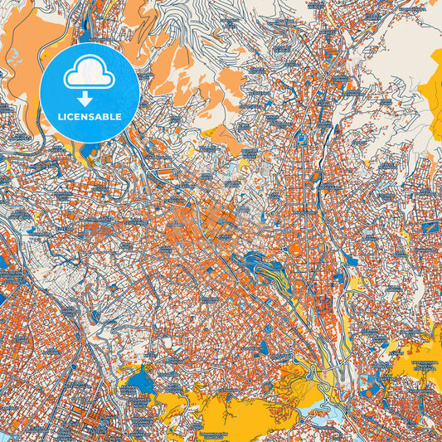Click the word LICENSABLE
(89, 117)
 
